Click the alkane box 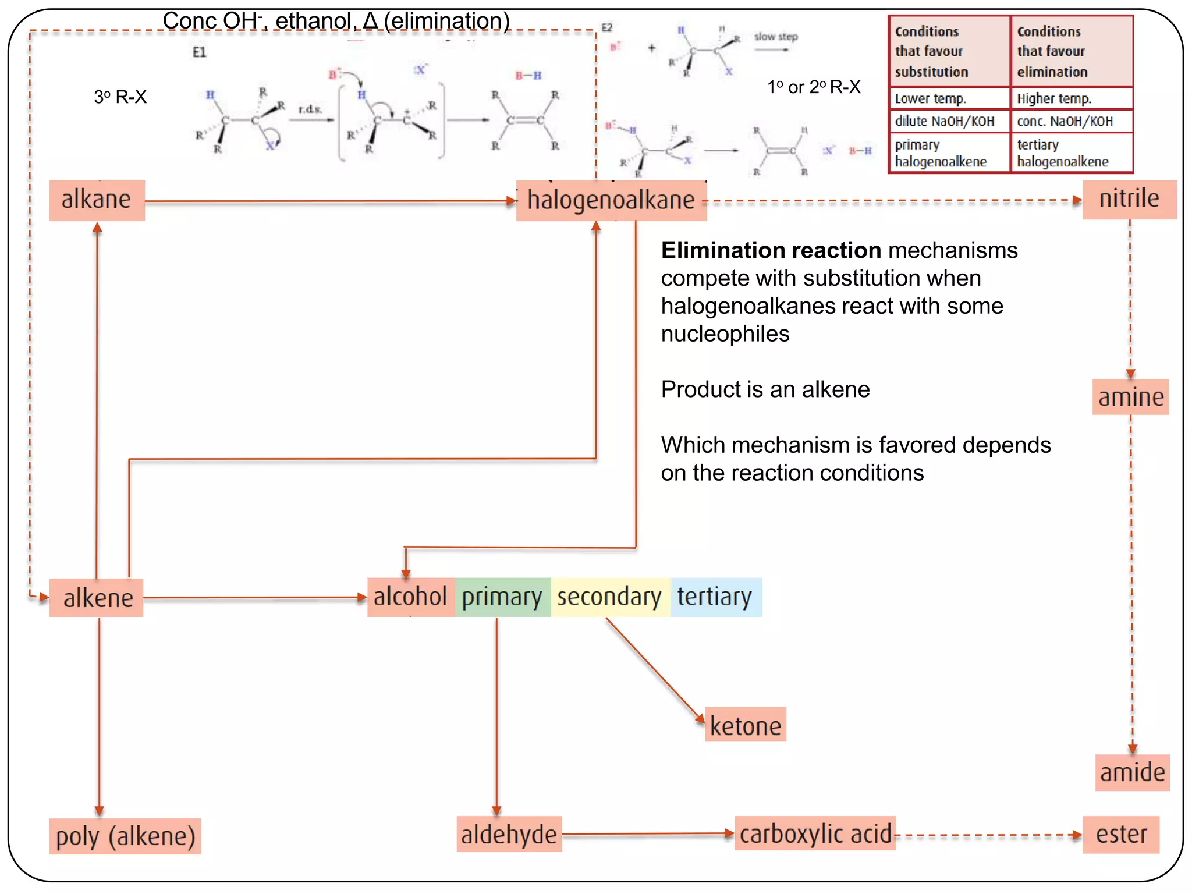pyautogui.click(x=97, y=200)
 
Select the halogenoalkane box pyautogui.click(x=611, y=201)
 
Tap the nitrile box pyautogui.click(x=1129, y=199)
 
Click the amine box pyautogui.click(x=1130, y=398)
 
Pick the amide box pyautogui.click(x=1132, y=773)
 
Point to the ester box pyautogui.click(x=1121, y=835)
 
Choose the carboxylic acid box pyautogui.click(x=815, y=834)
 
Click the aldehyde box pyautogui.click(x=509, y=835)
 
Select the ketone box pyautogui.click(x=745, y=725)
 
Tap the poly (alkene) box pyautogui.click(x=125, y=836)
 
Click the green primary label pyautogui.click(x=502, y=597)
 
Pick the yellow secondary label pyautogui.click(x=609, y=597)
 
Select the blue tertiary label pyautogui.click(x=715, y=597)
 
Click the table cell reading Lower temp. pyautogui.click(x=949, y=98)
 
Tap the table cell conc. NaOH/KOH pyautogui.click(x=1071, y=121)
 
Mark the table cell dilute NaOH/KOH pyautogui.click(x=949, y=121)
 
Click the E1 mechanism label pyautogui.click(x=199, y=52)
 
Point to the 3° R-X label pyautogui.click(x=120, y=97)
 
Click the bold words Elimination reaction pyautogui.click(x=771, y=250)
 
